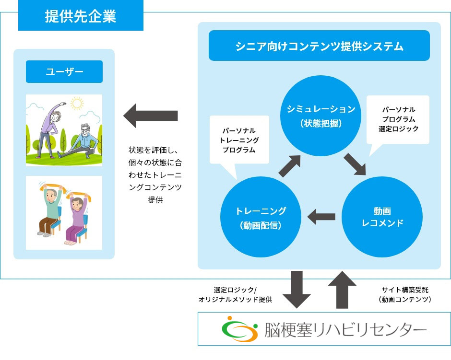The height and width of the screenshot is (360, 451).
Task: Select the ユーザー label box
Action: (64, 72)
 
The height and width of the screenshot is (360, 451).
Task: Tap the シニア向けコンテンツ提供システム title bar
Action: (319, 46)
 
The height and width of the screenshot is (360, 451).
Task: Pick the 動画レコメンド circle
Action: (382, 217)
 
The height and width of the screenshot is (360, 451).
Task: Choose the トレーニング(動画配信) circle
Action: (261, 217)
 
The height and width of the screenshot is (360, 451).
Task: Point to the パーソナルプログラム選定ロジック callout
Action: (398, 120)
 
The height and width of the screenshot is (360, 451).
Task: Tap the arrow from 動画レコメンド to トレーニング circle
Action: (321, 217)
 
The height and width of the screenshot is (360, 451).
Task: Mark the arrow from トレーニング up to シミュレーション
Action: (289, 166)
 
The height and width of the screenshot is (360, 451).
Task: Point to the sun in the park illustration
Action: (76, 103)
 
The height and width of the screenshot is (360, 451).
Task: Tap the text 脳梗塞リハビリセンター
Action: (344, 330)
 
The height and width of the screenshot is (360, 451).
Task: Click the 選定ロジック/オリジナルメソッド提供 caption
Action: (235, 295)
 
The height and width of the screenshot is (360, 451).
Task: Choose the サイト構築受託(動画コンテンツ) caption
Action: (405, 295)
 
